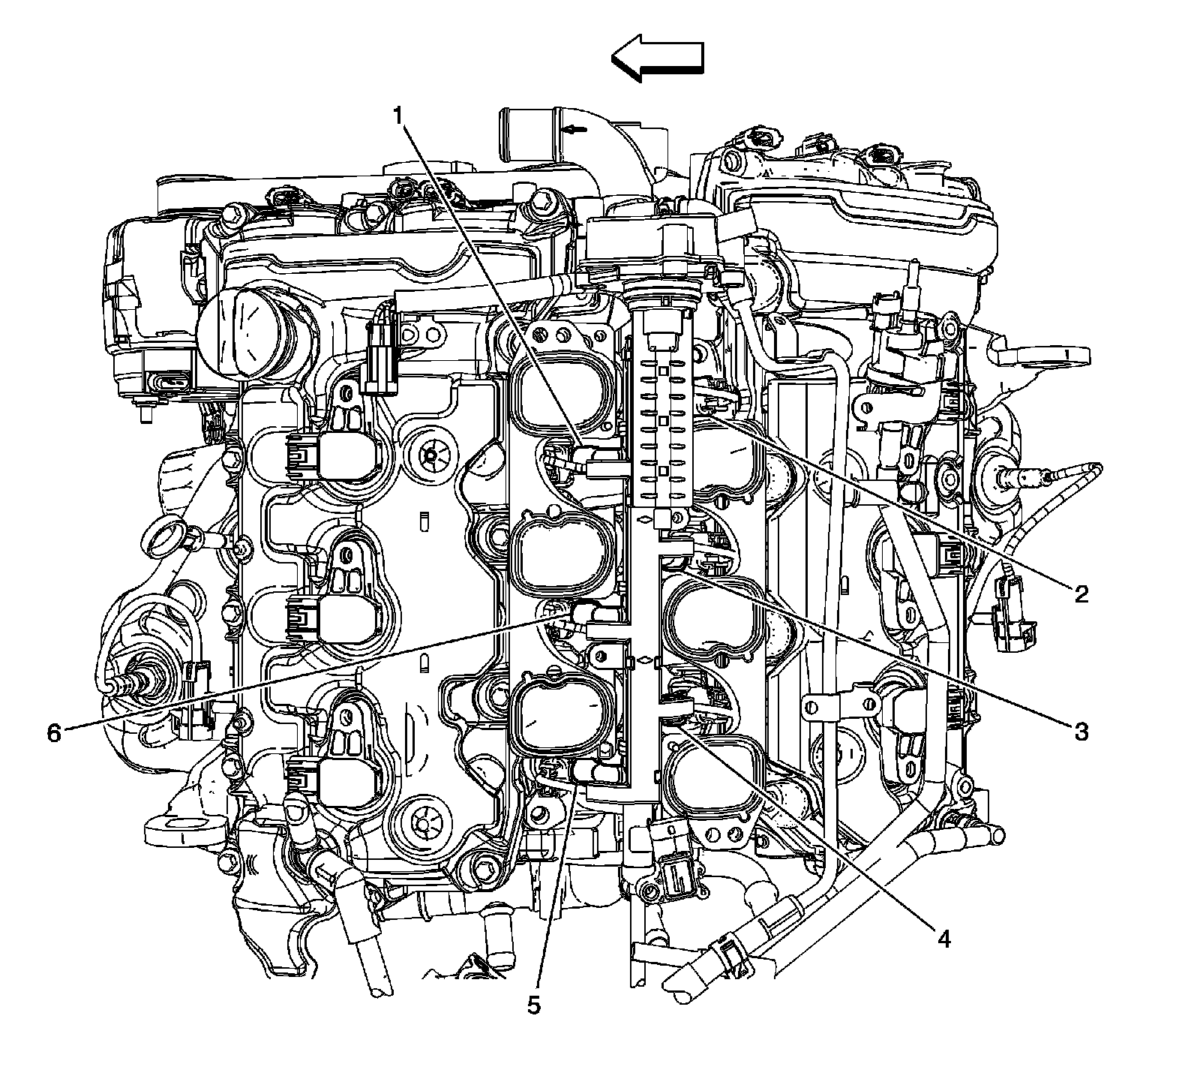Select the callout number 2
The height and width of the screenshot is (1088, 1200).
1080,594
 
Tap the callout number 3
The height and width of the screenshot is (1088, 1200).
1080,731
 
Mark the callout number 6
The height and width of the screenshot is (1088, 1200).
53,732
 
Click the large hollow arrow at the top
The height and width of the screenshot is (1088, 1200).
657,58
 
